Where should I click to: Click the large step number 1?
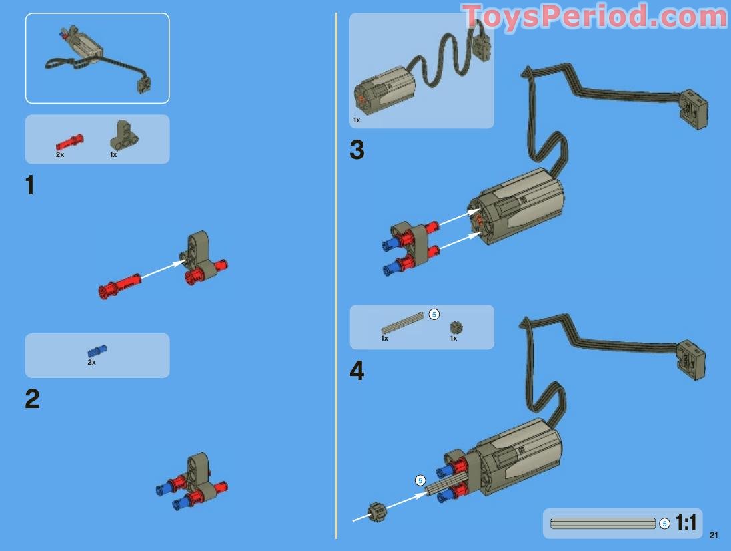pyautogui.click(x=30, y=185)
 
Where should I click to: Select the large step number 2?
pyautogui.click(x=32, y=399)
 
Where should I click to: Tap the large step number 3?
pyautogui.click(x=357, y=150)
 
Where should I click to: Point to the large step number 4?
pyautogui.click(x=357, y=371)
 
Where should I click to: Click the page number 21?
pyautogui.click(x=714, y=535)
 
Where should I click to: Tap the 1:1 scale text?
pyautogui.click(x=686, y=523)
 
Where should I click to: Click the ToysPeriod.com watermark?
pyautogui.click(x=594, y=16)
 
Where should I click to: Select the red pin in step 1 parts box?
pyautogui.click(x=69, y=142)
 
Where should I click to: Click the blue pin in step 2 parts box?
pyautogui.click(x=97, y=351)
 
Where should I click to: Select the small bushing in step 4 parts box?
pyautogui.click(x=456, y=327)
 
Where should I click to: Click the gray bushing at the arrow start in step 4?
pyautogui.click(x=377, y=513)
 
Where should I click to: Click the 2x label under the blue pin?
pyautogui.click(x=91, y=363)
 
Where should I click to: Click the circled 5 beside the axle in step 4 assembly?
pyautogui.click(x=420, y=480)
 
